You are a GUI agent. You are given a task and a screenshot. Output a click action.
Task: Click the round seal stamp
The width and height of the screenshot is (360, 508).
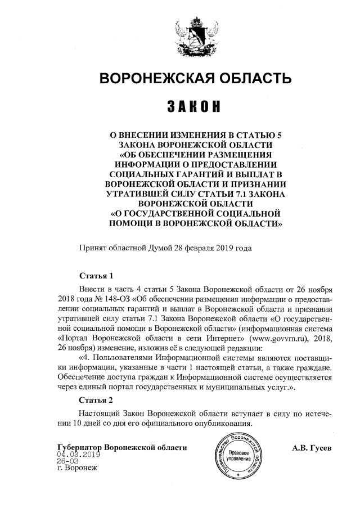(238, 455)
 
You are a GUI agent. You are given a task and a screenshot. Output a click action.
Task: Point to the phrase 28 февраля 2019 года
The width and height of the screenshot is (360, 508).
(213, 248)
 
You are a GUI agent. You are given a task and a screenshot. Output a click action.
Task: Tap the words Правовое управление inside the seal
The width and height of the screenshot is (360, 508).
(239, 456)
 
